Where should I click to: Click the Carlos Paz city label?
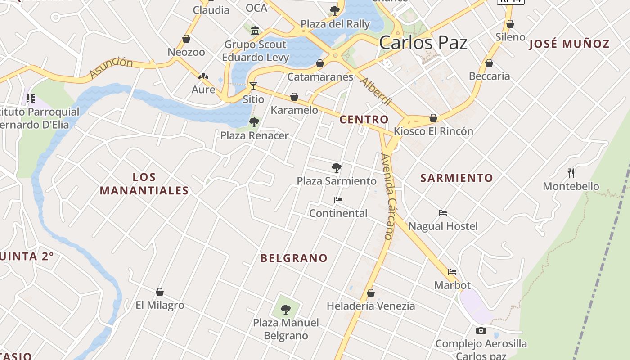(423, 43)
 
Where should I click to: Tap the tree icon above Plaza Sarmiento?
(336, 168)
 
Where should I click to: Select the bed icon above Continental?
(338, 200)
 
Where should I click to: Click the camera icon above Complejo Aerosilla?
(481, 331)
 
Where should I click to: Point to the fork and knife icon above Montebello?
(571, 173)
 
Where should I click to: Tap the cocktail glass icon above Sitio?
(253, 85)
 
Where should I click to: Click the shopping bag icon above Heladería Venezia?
(371, 293)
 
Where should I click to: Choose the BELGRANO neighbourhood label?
(294, 258)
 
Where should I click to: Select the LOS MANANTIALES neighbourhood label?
(144, 184)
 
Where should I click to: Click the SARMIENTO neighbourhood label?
(457, 178)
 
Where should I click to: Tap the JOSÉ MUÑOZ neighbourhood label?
(569, 44)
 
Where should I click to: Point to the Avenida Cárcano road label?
(388, 196)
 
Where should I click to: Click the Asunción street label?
(111, 68)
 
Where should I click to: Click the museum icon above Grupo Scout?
(255, 31)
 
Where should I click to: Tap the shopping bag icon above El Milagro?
(159, 292)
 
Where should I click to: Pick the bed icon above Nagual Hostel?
(443, 213)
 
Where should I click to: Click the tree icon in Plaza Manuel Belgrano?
(286, 309)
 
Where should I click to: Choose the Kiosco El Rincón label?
(433, 131)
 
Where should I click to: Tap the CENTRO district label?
(364, 120)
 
